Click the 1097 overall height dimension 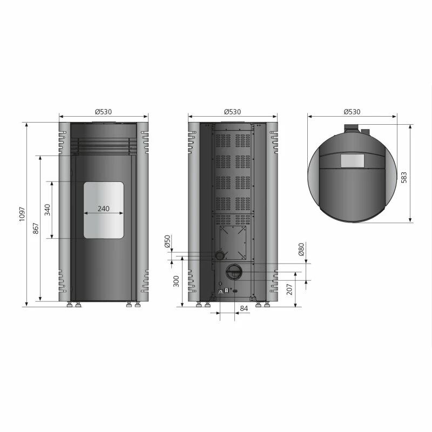(x=22, y=214)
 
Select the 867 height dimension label (x=36, y=228)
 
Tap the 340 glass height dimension (x=48, y=210)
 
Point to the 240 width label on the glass (x=104, y=208)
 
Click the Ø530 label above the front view (x=104, y=112)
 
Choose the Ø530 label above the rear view (x=233, y=112)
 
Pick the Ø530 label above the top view (x=352, y=112)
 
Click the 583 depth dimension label (x=404, y=178)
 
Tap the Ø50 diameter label (x=167, y=241)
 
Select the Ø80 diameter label (x=301, y=249)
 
